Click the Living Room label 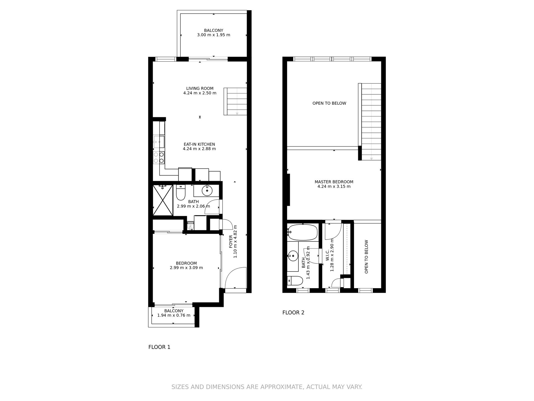click(200, 89)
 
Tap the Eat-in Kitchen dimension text click(199, 149)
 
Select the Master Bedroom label click(334, 182)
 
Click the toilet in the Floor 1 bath click(181, 192)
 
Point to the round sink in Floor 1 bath click(207, 191)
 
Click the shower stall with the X click(163, 200)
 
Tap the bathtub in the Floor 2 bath click(302, 233)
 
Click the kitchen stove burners click(159, 158)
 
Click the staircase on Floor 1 click(236, 101)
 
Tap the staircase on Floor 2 click(370, 122)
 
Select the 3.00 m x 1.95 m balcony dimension click(214, 35)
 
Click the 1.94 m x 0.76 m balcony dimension click(174, 316)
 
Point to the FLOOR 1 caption click(159, 347)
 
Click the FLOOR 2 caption click(293, 313)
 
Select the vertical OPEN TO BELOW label click(366, 257)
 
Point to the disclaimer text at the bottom click(267, 387)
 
